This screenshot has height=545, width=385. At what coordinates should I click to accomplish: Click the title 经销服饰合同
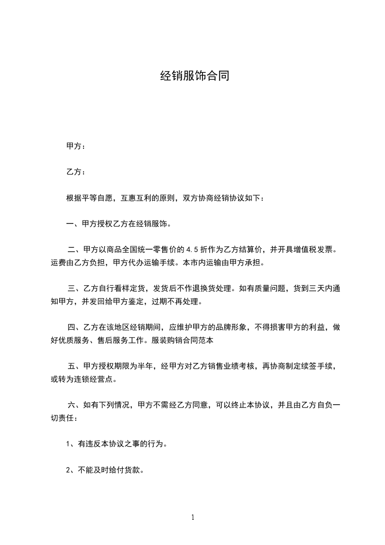[x=194, y=76]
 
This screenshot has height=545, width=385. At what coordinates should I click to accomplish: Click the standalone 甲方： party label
[x=76, y=146]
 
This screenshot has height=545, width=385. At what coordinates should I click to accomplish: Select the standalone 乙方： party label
[x=76, y=172]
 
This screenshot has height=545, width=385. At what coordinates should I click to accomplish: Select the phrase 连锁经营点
[x=97, y=379]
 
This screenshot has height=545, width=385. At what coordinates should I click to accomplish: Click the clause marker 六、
[x=74, y=405]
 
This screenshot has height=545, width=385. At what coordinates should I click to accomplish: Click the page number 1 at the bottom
[x=193, y=518]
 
